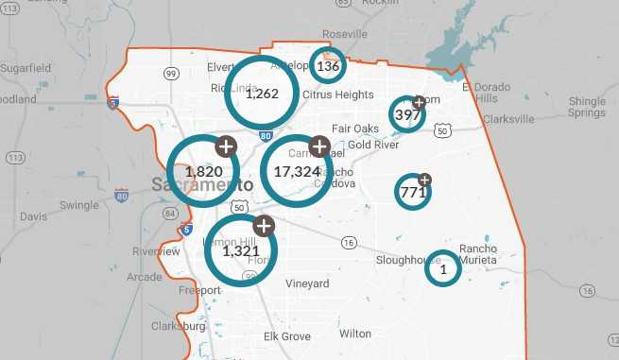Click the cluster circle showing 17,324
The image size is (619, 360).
(297, 171)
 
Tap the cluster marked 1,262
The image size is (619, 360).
(262, 93)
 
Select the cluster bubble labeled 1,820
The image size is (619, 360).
(203, 171)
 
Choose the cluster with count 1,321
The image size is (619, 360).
(240, 250)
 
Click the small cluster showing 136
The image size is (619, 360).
(328, 66)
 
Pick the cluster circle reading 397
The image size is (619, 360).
(407, 114)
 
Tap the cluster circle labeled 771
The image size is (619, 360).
(413, 192)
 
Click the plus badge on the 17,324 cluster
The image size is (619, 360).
(319, 146)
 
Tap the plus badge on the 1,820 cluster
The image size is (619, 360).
(226, 146)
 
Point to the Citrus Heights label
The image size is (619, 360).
(338, 95)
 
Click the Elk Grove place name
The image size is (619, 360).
(286, 336)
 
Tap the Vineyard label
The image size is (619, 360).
(307, 283)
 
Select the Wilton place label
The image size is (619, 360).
(355, 334)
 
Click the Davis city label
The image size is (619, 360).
(33, 216)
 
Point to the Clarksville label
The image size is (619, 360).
(507, 119)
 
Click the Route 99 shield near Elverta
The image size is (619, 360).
(171, 73)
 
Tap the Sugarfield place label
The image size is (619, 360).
(26, 69)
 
